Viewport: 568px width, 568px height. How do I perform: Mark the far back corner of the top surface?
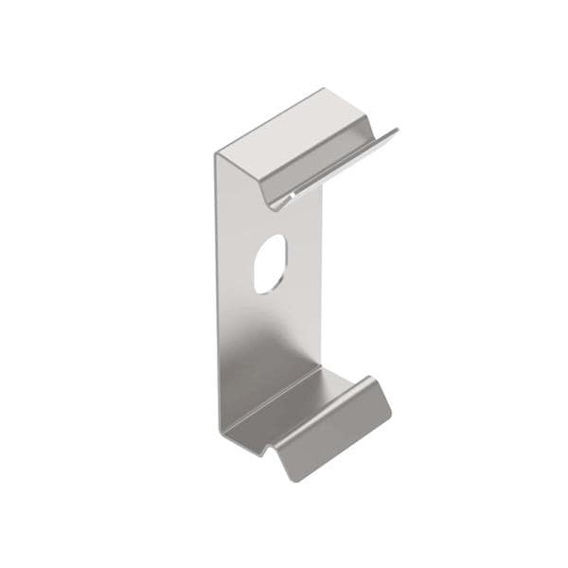(324, 89)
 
